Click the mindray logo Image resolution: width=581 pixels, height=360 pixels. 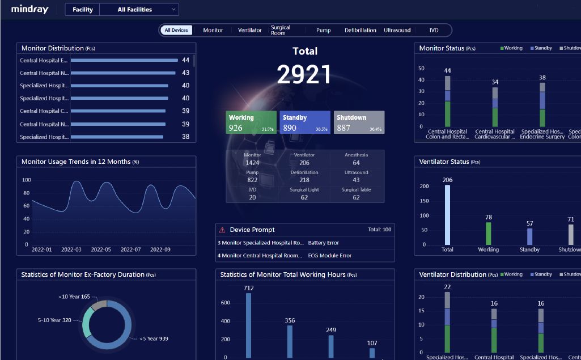point(29,9)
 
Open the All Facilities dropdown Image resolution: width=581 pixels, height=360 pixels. point(139,10)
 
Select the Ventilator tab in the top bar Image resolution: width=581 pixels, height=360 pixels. point(249,30)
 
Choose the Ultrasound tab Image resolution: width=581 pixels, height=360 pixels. point(397,30)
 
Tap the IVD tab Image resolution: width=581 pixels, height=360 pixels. point(434,30)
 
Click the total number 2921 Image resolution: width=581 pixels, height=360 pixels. point(304,75)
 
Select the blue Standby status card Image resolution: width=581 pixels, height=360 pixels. point(305,122)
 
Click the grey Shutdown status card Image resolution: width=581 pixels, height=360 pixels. point(359,122)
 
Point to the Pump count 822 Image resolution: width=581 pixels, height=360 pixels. point(252,180)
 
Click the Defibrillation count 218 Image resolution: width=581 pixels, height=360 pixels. point(304,180)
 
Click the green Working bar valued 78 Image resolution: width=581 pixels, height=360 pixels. point(488,233)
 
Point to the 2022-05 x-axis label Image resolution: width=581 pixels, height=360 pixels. point(101,249)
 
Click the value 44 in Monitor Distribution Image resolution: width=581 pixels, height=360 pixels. point(185,60)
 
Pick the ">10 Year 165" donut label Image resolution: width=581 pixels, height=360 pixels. point(74,297)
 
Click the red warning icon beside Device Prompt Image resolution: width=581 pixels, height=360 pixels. point(222,230)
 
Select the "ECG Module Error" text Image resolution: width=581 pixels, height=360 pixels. point(329,256)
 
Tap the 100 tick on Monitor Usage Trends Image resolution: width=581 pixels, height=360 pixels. point(26,180)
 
